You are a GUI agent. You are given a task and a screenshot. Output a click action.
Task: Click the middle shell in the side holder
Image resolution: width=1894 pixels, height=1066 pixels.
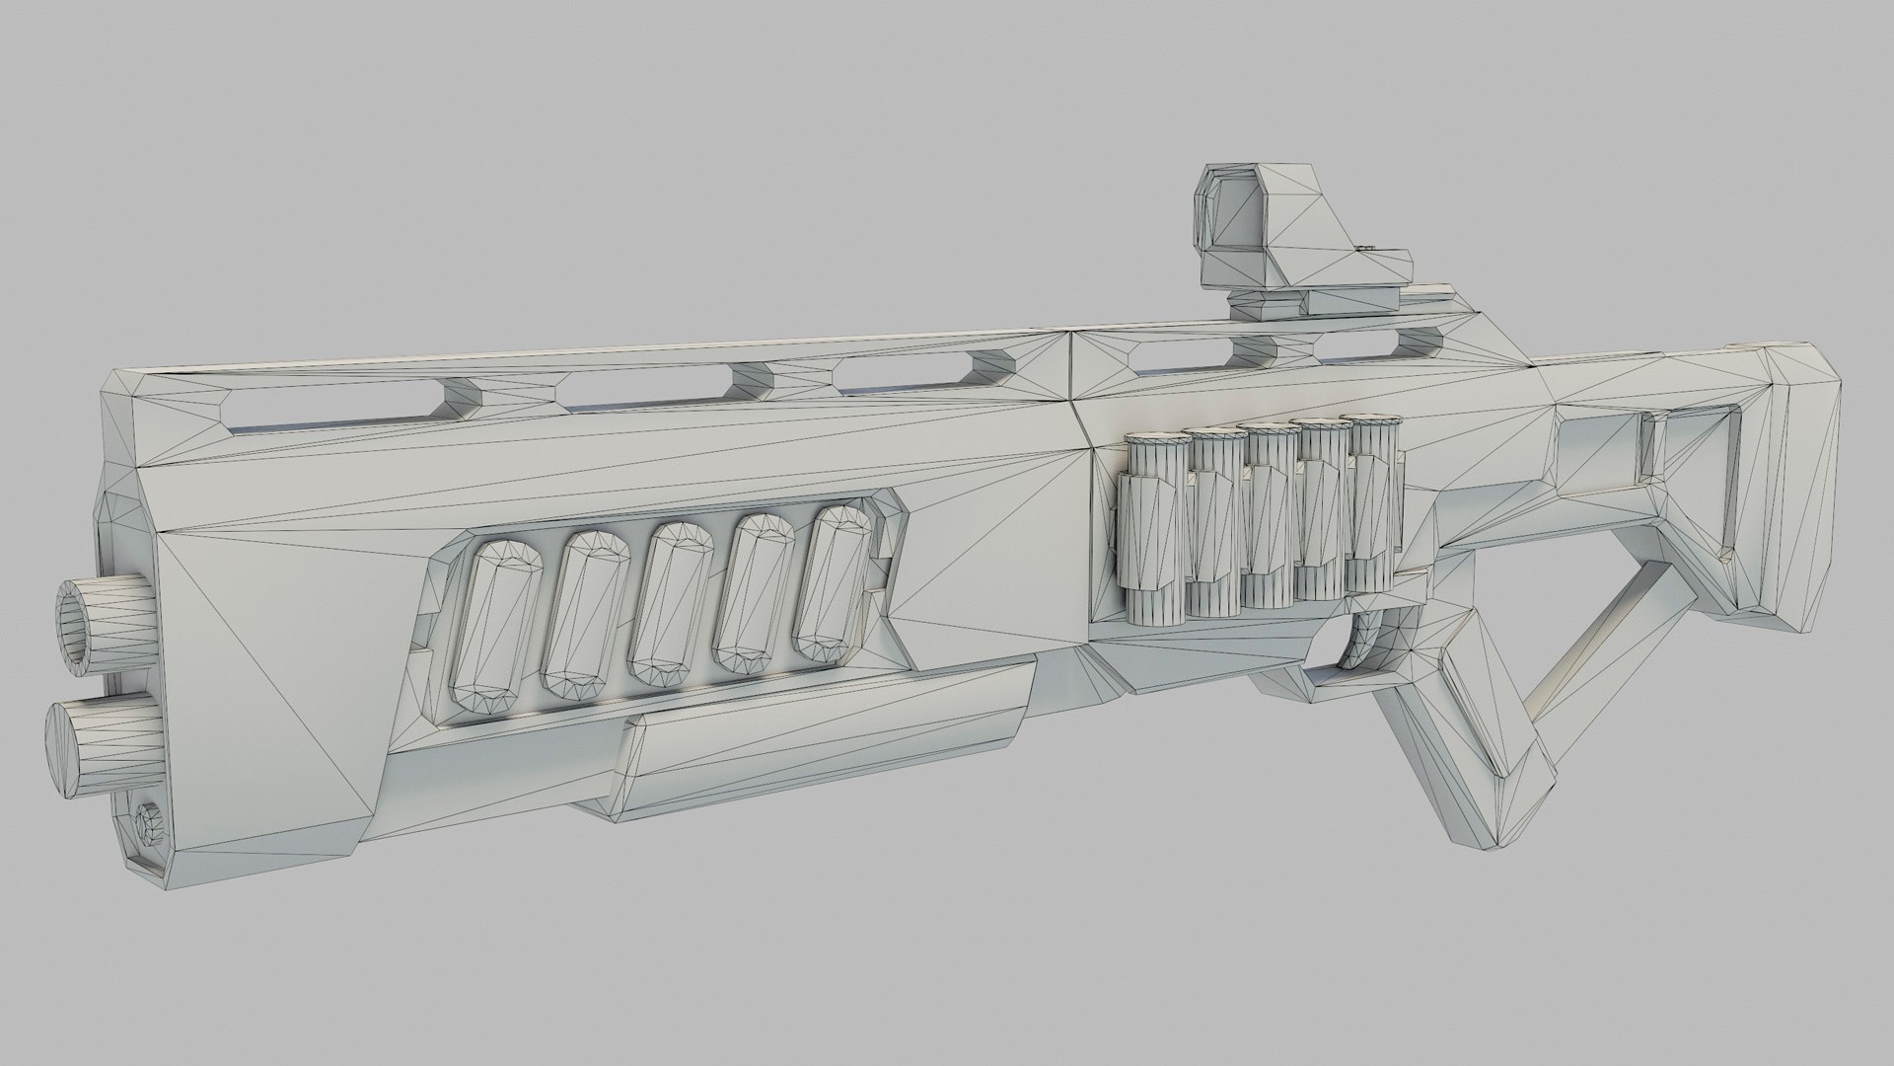1270,517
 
